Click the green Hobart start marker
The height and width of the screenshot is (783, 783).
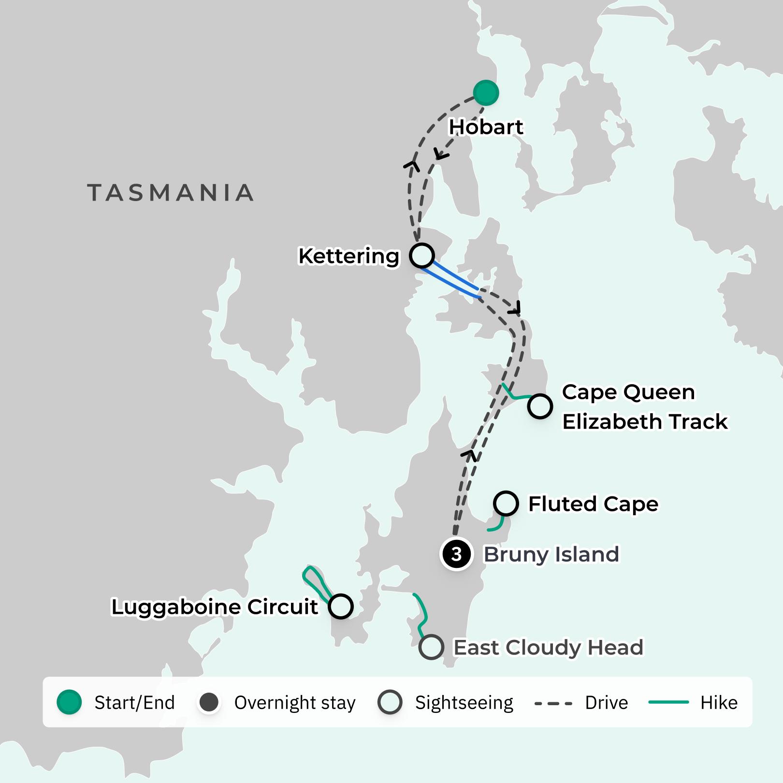tap(486, 93)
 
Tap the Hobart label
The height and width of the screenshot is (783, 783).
tap(486, 127)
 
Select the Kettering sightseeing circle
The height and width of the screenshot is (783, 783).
tap(422, 255)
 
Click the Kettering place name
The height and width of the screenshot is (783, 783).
tap(348, 256)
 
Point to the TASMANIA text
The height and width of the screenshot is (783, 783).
tap(170, 193)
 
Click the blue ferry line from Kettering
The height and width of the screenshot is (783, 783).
tap(452, 278)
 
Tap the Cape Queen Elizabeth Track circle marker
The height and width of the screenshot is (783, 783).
tap(540, 406)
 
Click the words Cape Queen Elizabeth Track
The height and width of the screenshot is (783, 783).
tap(644, 407)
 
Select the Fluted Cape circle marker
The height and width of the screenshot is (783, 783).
tap(506, 503)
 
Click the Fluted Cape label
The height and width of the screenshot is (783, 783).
tap(593, 504)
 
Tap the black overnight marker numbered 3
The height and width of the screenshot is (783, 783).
tap(456, 554)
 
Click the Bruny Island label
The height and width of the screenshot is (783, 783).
tap(551, 554)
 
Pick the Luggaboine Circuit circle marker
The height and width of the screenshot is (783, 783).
tap(341, 606)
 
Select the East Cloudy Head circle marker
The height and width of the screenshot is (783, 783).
tap(431, 647)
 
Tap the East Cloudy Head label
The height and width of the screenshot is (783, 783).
tap(548, 648)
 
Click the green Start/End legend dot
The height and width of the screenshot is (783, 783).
tap(69, 702)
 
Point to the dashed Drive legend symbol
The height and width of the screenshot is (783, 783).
tap(553, 703)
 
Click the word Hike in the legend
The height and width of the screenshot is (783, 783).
tap(719, 703)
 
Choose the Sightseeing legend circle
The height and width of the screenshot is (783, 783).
tap(390, 702)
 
